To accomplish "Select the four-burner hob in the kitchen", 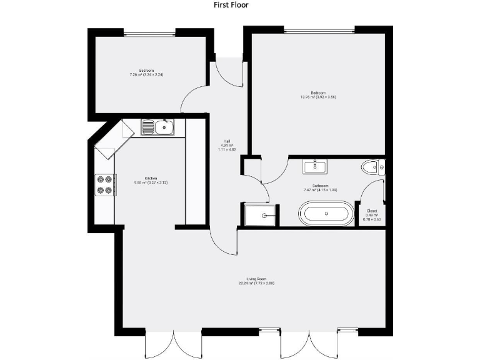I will coord(104,184).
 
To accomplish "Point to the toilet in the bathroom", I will coord(372,166).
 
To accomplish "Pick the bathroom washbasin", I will coord(316,166).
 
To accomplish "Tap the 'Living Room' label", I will coord(256,281).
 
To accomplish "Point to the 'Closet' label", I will coord(371,211).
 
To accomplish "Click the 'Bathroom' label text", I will coord(320,186).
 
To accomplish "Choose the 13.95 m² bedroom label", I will coord(319,94).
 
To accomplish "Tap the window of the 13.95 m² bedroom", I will coord(319,30).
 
